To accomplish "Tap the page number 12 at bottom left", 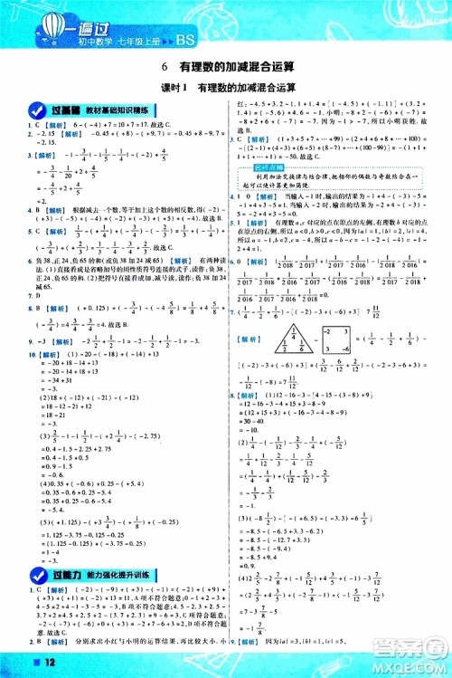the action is point(20,666).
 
